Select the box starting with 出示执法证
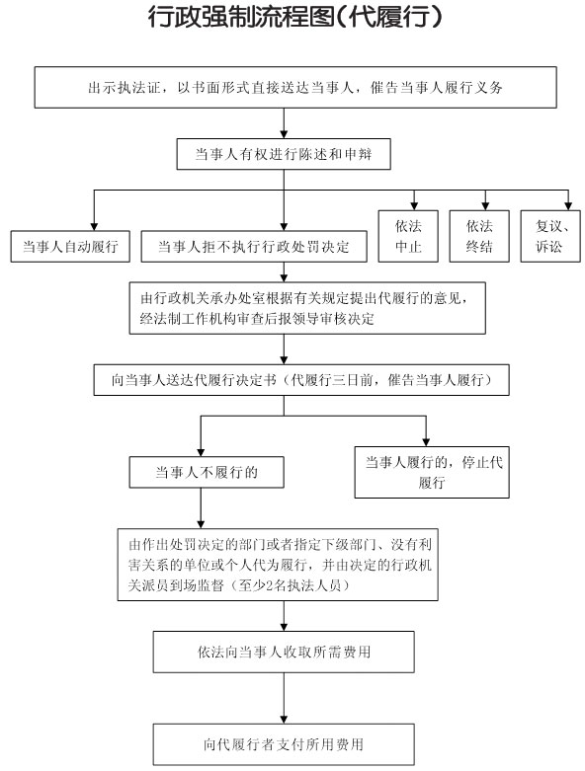(x=295, y=88)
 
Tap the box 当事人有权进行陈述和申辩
(x=284, y=154)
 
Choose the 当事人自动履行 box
(x=70, y=246)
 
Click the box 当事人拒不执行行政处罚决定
(x=254, y=246)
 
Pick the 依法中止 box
(x=408, y=236)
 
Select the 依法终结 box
(x=479, y=236)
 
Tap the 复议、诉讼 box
(x=550, y=236)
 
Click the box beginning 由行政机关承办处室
(x=307, y=308)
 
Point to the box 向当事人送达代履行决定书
(x=301, y=380)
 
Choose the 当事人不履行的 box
(x=207, y=473)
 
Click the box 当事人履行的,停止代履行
(x=432, y=472)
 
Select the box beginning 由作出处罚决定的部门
(x=278, y=565)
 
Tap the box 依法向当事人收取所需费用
(x=284, y=652)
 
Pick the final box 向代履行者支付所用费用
(x=284, y=744)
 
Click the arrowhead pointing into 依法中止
(x=414, y=206)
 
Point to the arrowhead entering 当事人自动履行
(x=94, y=226)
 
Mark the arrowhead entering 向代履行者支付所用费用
(x=284, y=720)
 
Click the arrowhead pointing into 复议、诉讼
(x=569, y=206)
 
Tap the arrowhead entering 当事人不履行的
(x=201, y=452)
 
